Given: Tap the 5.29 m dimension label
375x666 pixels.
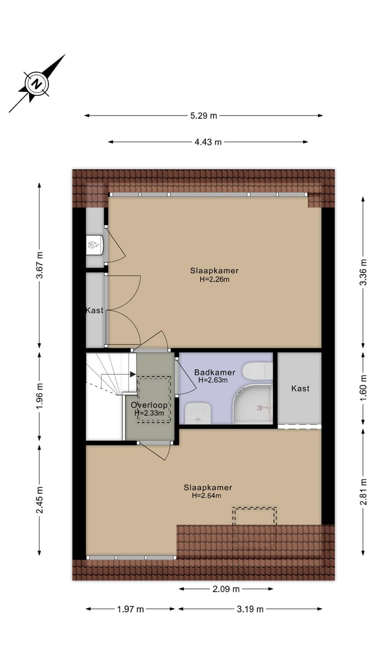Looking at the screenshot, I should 203,116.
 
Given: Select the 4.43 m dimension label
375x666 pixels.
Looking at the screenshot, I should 208,142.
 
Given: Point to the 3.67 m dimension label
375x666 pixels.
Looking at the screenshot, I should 40,265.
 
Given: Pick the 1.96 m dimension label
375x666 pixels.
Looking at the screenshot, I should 40,396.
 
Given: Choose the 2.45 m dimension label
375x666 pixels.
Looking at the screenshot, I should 40,499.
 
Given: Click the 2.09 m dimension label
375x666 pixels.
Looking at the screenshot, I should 226,589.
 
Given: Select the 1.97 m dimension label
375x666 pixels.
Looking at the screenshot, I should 130,609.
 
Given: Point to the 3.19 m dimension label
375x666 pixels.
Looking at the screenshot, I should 250,609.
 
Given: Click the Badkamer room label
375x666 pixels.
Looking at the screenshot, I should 215,373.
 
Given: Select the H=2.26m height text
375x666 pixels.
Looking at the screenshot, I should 215,279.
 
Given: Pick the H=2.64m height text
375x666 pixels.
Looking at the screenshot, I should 207,495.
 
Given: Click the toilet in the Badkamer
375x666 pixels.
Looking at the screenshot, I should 257,371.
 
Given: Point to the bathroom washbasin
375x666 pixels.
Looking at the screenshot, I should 197,412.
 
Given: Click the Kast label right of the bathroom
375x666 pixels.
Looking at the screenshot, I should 301,388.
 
